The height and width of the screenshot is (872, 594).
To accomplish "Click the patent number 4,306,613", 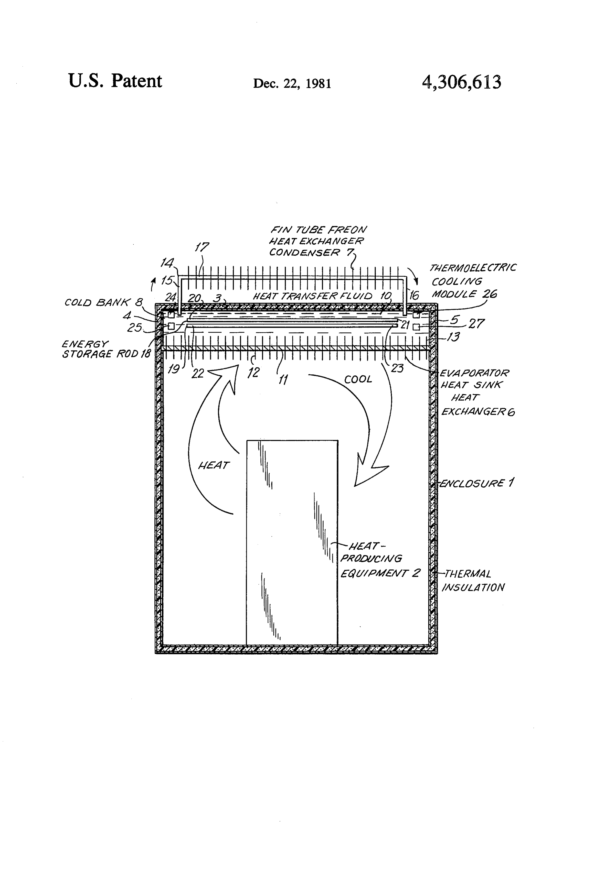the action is coord(461,82).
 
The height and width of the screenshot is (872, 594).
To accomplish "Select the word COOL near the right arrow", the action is coord(358,379).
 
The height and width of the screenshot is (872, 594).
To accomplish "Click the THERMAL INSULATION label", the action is coord(473,580).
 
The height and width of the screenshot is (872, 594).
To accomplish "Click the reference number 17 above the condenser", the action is coord(202,247).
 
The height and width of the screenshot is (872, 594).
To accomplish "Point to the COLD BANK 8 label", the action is coord(104,302).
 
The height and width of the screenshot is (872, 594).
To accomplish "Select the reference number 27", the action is coord(476,323).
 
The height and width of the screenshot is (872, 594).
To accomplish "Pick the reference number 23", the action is coord(397,368).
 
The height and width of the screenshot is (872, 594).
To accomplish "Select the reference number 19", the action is coord(174,369).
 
